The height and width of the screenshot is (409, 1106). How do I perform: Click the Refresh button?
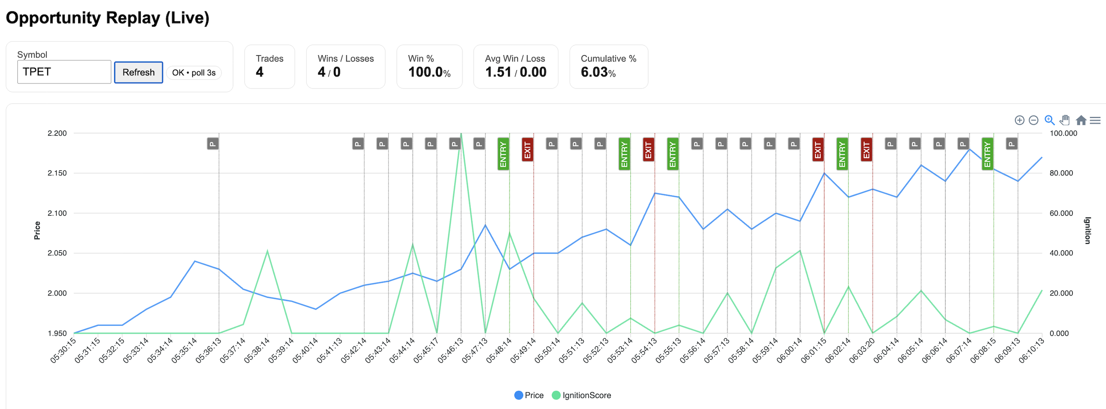(138, 72)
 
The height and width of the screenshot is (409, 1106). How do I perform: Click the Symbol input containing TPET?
(64, 72)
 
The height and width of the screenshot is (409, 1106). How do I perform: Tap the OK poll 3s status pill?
(194, 73)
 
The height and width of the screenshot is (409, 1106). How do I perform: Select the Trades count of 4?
(260, 72)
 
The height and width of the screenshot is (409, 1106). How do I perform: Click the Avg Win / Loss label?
(515, 59)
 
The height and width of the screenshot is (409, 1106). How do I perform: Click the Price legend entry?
(529, 395)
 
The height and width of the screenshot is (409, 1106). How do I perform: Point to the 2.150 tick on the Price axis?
(57, 173)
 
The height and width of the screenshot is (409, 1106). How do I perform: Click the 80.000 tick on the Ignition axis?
(1061, 173)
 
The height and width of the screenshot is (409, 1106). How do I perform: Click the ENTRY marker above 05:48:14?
(503, 154)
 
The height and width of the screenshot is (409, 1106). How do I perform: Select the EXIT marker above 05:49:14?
(528, 150)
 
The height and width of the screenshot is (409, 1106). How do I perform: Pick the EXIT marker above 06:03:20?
(866, 150)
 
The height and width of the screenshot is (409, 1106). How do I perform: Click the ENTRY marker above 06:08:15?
(988, 154)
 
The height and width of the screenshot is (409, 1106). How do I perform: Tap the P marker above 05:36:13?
(213, 143)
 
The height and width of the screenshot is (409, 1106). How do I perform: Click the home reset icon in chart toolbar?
(1081, 120)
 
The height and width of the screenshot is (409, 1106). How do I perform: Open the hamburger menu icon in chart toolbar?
(1095, 120)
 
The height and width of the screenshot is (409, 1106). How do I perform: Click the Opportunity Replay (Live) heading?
(107, 18)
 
